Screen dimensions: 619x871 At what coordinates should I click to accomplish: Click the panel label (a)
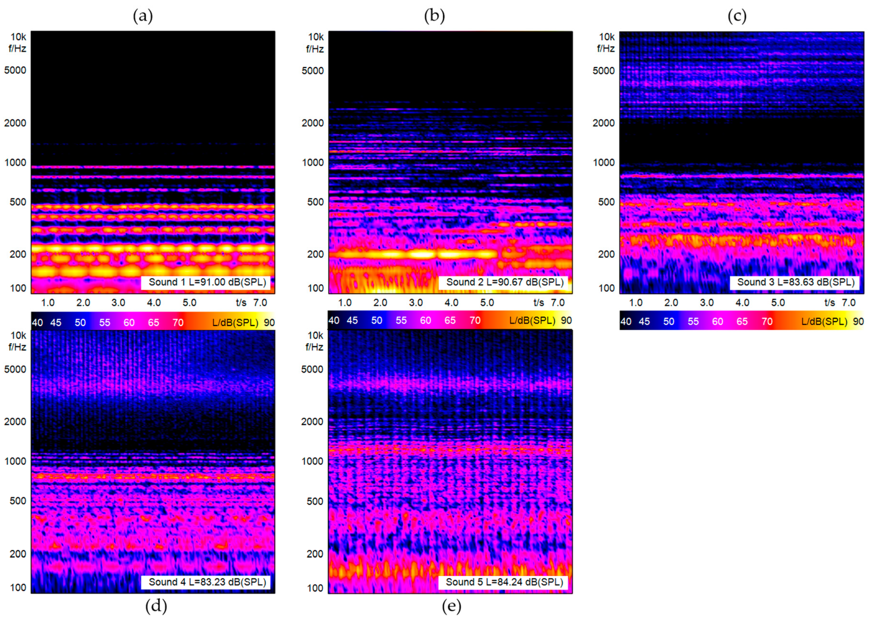(x=143, y=16)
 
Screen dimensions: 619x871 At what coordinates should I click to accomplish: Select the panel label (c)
(x=737, y=16)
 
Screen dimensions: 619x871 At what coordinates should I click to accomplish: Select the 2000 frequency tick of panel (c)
(x=604, y=123)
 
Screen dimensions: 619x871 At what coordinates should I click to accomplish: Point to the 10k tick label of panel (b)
(x=316, y=37)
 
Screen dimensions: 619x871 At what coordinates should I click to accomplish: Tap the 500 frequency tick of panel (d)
(x=18, y=501)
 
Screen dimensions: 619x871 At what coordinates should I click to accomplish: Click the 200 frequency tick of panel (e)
(x=315, y=554)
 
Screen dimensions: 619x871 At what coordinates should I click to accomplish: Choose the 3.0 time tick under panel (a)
(x=118, y=303)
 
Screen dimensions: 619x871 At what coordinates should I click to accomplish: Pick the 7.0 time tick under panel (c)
(x=848, y=303)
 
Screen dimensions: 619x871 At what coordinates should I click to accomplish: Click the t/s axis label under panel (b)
(x=539, y=303)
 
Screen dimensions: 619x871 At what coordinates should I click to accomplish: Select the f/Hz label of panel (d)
(x=17, y=347)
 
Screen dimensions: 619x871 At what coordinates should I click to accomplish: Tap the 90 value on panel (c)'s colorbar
(x=858, y=322)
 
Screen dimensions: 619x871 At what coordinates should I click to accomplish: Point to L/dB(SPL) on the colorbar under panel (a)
(x=235, y=323)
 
